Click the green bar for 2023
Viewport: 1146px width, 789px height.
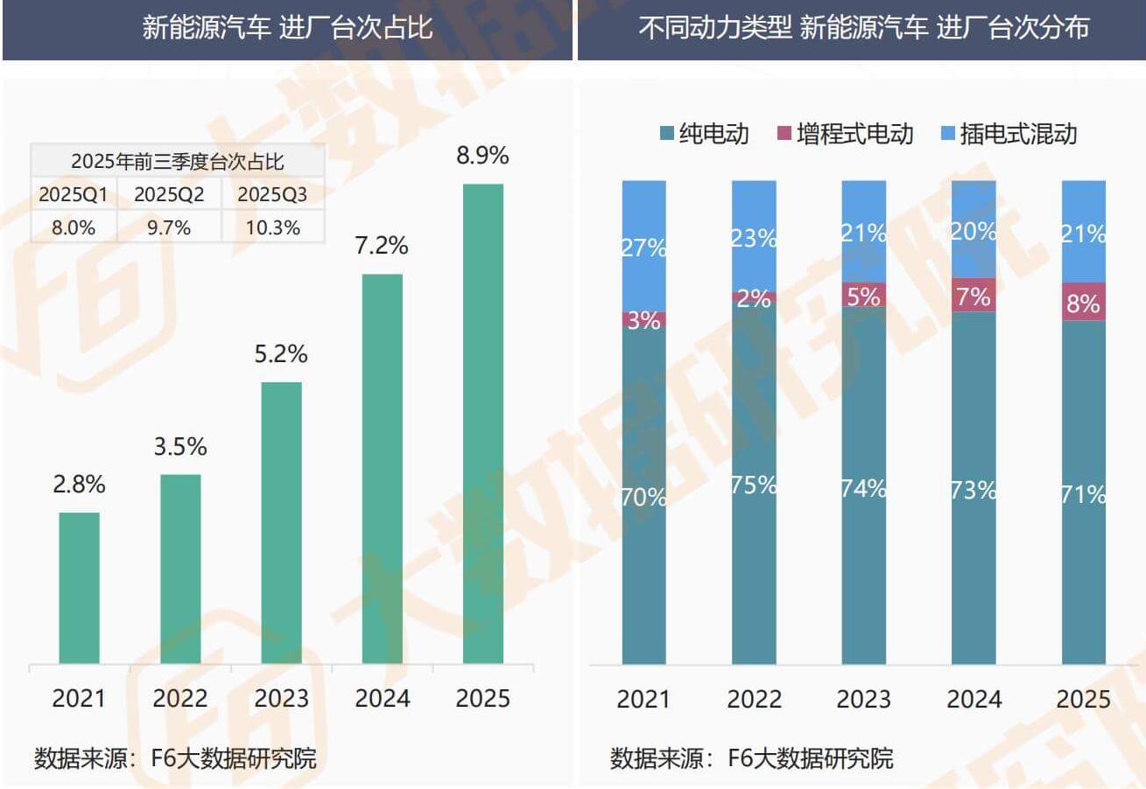point(281,522)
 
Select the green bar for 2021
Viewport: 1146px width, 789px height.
point(79,587)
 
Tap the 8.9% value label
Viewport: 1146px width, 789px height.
point(482,157)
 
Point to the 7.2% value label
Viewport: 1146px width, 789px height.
point(382,246)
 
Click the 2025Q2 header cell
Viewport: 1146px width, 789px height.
point(169,194)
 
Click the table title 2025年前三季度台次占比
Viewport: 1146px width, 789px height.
point(177,161)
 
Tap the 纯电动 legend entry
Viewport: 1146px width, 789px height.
point(705,134)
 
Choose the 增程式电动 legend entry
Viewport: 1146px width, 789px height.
point(845,134)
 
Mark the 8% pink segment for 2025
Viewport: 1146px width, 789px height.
point(1083,302)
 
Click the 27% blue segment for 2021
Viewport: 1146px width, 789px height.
point(644,246)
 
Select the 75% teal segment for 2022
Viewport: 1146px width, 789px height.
point(754,483)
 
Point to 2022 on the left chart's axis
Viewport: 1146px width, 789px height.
point(179,698)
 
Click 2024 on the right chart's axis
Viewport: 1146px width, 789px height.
point(974,700)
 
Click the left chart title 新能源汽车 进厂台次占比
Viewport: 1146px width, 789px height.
point(287,28)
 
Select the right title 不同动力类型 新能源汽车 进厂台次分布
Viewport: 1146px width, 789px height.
point(863,28)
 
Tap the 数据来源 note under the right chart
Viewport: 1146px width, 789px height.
point(751,758)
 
